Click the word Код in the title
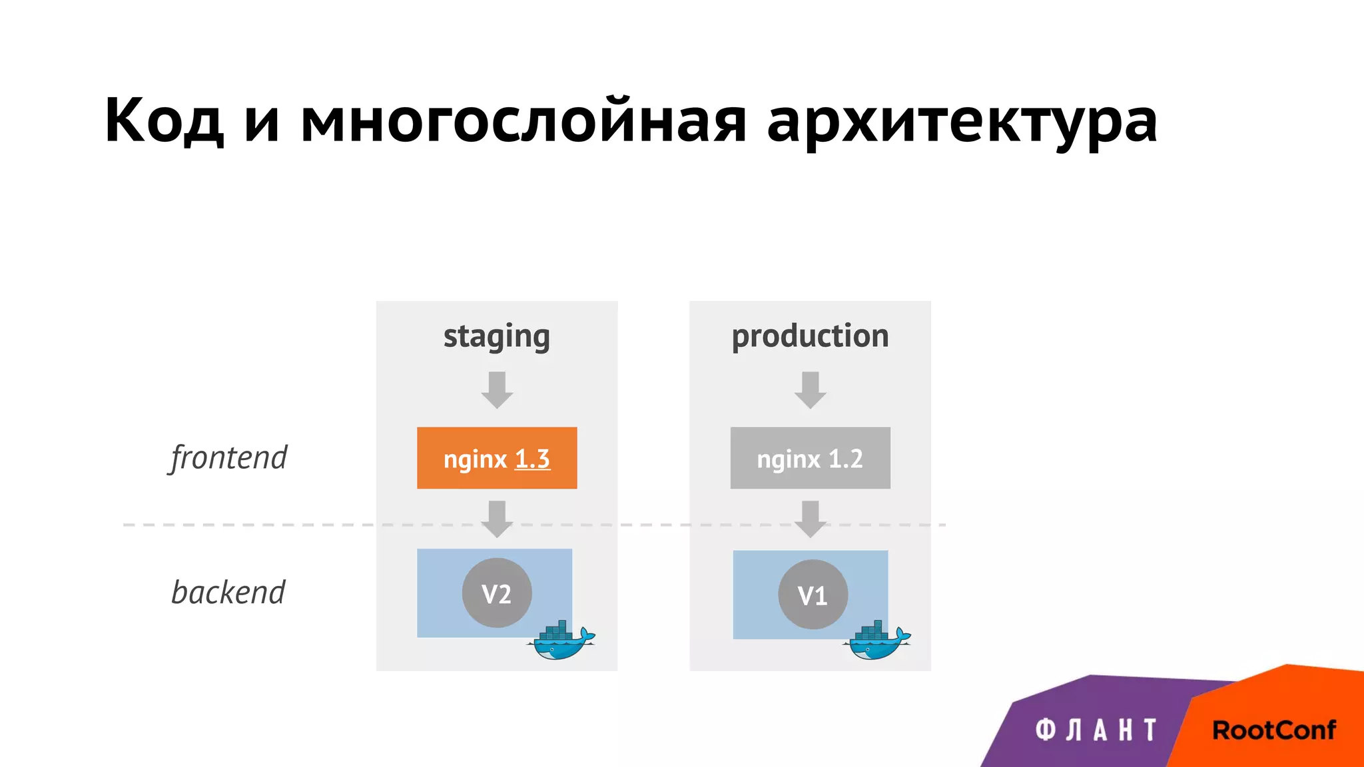coord(164,121)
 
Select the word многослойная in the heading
coord(523,121)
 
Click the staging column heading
coord(497,336)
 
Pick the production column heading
coord(810,336)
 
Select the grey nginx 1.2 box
coord(810,459)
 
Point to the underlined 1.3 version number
coord(533,459)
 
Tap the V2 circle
coord(497,593)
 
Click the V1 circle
coord(813,595)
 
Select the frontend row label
coord(228,458)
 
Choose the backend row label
coord(228,593)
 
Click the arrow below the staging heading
coord(497,390)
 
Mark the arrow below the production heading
coord(810,390)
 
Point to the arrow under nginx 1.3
coord(497,519)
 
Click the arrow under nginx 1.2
coord(810,519)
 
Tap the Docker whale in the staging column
coord(561,640)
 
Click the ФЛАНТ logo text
coord(1096,730)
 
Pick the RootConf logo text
coord(1273,730)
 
